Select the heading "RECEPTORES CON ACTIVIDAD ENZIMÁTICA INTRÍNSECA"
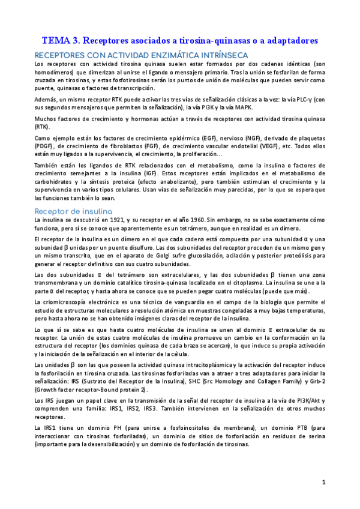(x=141, y=55)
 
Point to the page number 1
(x=323, y=482)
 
